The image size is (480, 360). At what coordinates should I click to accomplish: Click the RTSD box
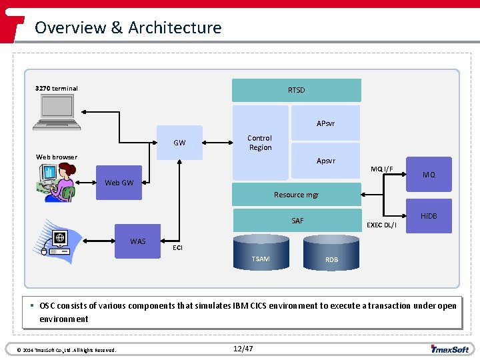(296, 90)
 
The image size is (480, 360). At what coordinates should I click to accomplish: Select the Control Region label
(260, 143)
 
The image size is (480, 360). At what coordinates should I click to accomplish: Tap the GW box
(179, 143)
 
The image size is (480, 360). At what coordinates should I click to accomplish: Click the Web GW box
(119, 183)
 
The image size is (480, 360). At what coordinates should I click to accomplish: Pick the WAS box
(138, 241)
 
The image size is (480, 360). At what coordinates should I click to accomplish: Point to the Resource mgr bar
(296, 195)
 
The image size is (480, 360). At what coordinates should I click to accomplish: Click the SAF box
(297, 221)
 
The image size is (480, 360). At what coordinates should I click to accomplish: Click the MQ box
(429, 175)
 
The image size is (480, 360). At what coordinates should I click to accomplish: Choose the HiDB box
(429, 216)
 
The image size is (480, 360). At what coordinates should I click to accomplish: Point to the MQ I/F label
(382, 169)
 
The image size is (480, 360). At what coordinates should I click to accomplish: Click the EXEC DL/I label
(381, 225)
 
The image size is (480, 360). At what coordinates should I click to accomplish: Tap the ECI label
(177, 247)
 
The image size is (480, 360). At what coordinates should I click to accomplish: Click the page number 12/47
(244, 349)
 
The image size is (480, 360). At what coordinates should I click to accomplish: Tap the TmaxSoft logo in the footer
(449, 349)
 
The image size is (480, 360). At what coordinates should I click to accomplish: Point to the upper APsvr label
(326, 123)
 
